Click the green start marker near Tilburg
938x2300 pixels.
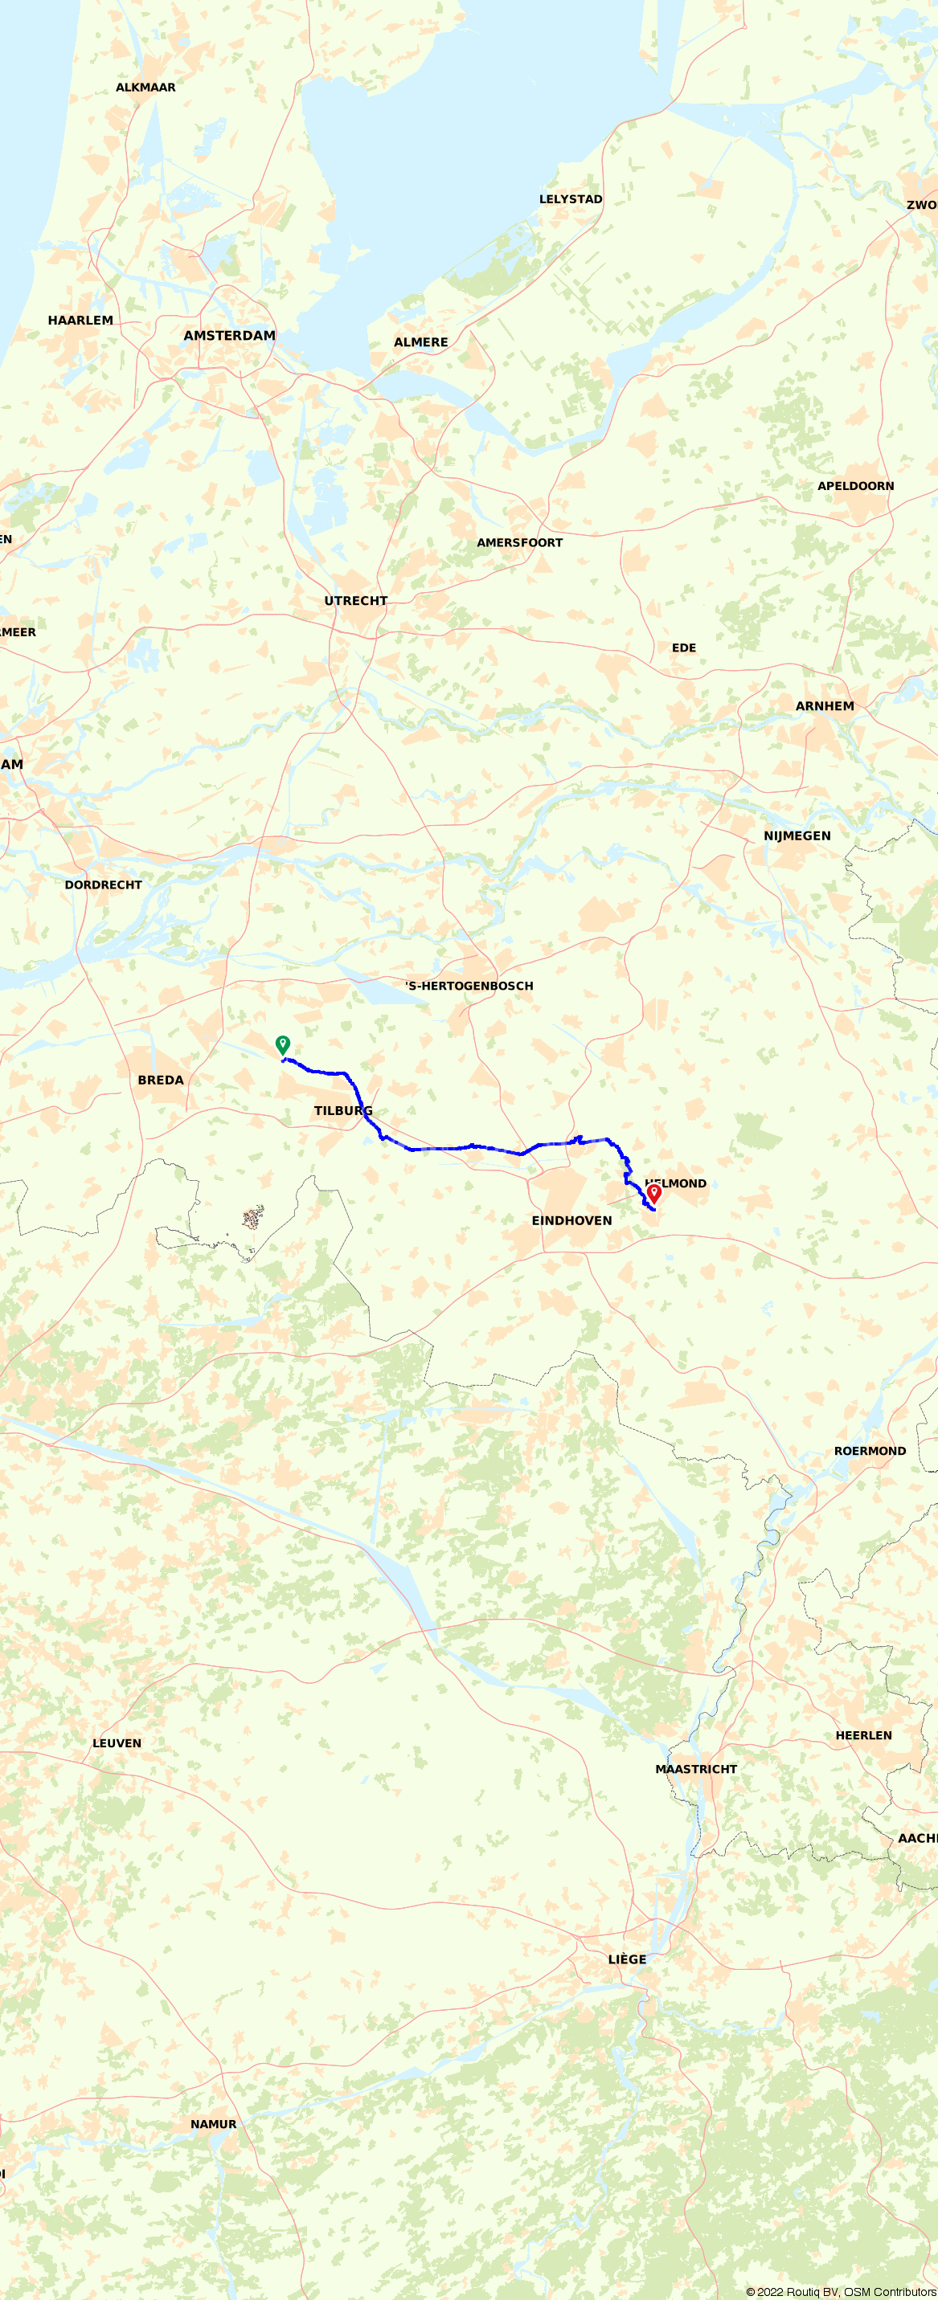282,1044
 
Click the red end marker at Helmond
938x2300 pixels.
654,1192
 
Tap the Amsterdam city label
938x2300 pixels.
230,336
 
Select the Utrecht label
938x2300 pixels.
355,601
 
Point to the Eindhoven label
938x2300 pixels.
571,1220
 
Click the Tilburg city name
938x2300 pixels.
343,1111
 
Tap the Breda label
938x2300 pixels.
161,1081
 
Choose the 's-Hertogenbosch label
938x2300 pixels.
469,986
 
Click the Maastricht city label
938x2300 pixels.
696,1769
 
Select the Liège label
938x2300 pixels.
627,1959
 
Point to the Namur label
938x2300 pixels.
214,2124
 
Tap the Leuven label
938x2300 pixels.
117,1742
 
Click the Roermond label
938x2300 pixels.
869,1451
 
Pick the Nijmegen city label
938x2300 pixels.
797,835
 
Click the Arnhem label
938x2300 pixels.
825,706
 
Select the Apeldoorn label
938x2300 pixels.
855,486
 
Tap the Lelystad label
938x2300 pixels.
571,199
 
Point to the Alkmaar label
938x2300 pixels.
145,88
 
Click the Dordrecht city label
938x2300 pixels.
104,884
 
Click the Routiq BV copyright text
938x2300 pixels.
841,2292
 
